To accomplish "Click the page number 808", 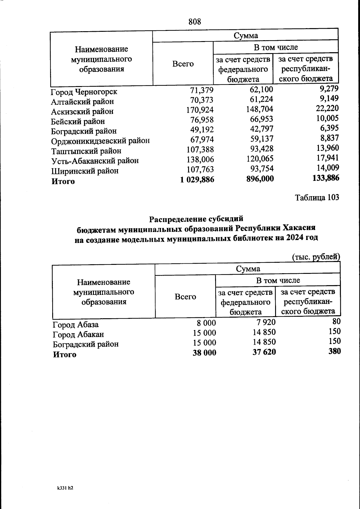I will pos(195,22).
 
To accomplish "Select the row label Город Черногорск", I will pos(84,92).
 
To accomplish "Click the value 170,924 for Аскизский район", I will pos(200,110).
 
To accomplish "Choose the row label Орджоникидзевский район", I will pos(100,141).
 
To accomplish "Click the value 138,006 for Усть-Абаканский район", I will pos(200,159).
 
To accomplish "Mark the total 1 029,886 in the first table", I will pos(197,179).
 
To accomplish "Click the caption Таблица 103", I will pos(317,197).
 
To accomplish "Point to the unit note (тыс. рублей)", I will pos(316,257).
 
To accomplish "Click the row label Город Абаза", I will pos(76,325).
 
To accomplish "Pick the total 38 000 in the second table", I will pos(204,353).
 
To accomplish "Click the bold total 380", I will pos(334,351).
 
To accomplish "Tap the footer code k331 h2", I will pos(65,488).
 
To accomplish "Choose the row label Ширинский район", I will pos(85,171).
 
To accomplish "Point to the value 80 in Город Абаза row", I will pos(336,322).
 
